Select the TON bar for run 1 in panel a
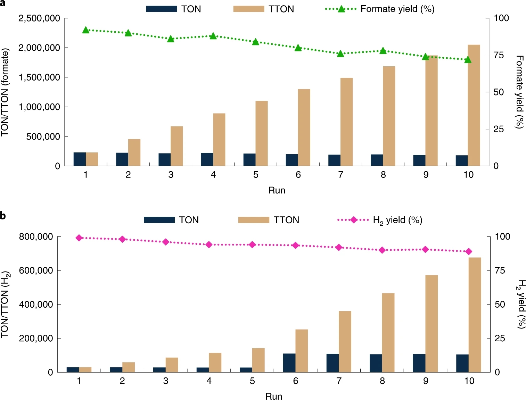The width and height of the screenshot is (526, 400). coord(80,159)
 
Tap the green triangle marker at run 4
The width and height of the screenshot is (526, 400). coord(213,36)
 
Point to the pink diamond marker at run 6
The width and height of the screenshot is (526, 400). coord(296,245)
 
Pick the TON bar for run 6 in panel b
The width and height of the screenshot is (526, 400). coord(289,362)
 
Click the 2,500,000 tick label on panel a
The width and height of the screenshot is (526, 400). coord(39,18)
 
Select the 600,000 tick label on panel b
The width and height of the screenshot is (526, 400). coord(36,270)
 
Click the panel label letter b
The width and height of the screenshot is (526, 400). coord(3,216)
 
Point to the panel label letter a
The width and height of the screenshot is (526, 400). coord(3,3)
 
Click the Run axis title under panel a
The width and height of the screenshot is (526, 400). coord(277,190)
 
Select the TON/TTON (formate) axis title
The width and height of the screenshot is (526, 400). coord(5,92)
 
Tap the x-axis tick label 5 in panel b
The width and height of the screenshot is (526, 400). coord(252,381)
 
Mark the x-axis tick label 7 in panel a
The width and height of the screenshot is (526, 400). coord(340,175)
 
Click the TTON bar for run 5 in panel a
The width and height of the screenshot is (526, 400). coord(262,133)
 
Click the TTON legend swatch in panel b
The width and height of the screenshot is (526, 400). coord(254,220)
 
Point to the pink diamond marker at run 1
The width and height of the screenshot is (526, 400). coord(79,238)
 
